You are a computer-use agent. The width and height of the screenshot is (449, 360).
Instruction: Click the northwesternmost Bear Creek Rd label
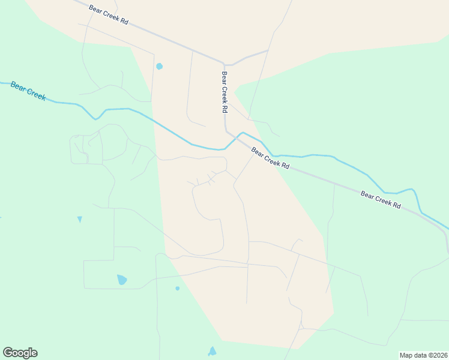109,15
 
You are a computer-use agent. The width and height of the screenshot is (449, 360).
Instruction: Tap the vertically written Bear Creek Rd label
224,92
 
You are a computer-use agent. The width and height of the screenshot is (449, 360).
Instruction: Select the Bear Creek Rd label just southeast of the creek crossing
270,158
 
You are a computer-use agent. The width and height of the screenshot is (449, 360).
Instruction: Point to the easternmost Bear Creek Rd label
381,200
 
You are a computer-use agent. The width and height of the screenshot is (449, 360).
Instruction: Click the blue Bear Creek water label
28,91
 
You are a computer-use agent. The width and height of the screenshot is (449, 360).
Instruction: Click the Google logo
20,353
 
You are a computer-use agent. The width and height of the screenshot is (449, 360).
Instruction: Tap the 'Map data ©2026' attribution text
423,355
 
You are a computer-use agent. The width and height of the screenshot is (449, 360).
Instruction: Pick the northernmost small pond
159,66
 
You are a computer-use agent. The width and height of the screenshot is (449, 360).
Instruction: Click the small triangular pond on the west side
79,219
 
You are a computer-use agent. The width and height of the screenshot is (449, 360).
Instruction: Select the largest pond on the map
122,280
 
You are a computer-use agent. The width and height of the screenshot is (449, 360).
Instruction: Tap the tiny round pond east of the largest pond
177,289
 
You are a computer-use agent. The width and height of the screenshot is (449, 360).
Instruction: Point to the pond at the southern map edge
212,352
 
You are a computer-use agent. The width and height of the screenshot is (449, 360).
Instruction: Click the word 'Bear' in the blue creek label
18,86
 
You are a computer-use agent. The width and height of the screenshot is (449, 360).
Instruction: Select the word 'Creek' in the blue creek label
35,94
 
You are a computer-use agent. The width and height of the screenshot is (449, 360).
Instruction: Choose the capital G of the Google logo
8,353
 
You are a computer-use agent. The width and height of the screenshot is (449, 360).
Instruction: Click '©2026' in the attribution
435,355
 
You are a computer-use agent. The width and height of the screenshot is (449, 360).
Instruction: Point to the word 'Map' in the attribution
406,355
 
